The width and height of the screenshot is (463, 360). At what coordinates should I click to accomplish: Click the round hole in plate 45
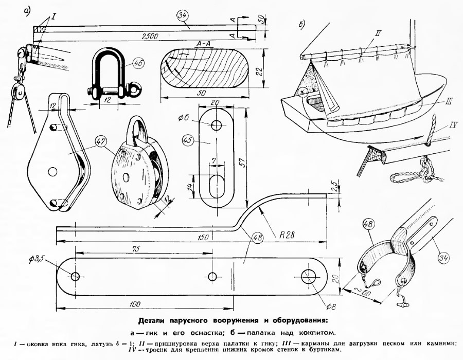[216, 125]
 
